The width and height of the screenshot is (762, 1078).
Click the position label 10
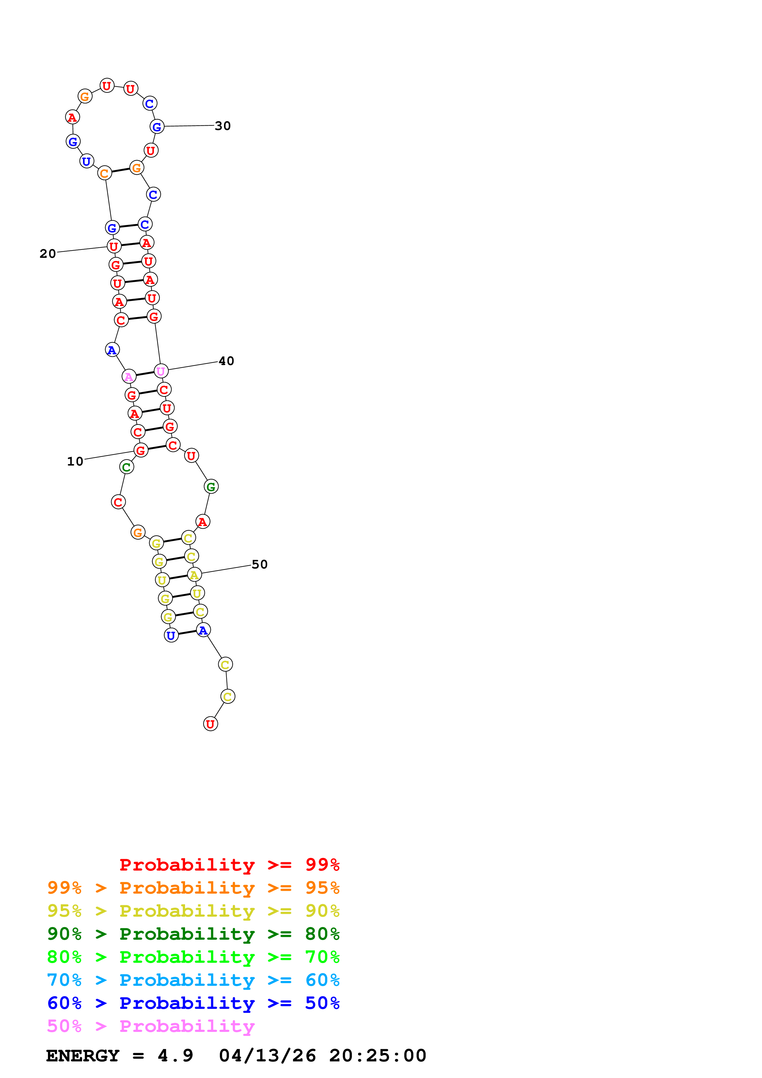75,462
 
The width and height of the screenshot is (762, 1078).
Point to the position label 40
226,361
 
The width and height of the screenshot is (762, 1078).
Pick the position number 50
260,565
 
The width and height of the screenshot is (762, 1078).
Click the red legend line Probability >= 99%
229,865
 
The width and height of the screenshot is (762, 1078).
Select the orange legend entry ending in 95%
193,888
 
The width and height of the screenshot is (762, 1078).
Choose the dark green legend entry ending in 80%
193,934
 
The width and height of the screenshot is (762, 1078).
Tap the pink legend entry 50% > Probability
151,1026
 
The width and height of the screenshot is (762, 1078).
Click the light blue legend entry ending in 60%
193,980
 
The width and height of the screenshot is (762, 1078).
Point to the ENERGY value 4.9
175,1056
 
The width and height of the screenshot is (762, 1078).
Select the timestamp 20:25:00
377,1056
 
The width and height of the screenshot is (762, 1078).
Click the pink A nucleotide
129,376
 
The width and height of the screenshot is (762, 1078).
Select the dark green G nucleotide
211,487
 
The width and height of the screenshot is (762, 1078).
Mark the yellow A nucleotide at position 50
194,575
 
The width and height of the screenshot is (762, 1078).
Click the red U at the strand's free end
210,724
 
